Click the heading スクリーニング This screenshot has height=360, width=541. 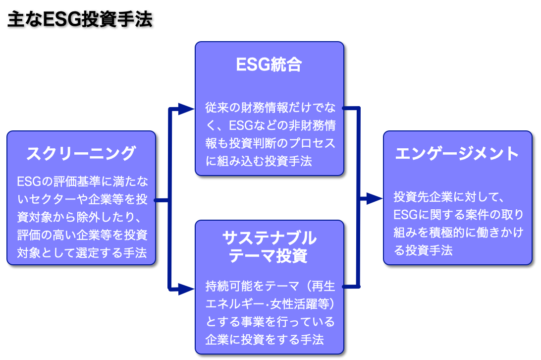click(81, 153)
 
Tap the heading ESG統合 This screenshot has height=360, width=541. click(269, 65)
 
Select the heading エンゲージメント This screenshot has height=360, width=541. click(457, 153)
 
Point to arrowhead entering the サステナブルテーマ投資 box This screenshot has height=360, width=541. click(186, 289)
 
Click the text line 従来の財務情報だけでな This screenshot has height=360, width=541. click(269, 108)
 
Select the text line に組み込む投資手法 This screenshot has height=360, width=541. click(259, 161)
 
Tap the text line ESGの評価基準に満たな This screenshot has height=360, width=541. click(82, 181)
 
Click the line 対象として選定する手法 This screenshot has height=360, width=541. click(82, 253)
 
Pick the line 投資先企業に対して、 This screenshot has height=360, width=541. click(449, 197)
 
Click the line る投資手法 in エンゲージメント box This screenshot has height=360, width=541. click(423, 250)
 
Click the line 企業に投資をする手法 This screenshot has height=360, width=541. click(264, 340)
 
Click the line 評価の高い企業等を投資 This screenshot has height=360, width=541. click(82, 235)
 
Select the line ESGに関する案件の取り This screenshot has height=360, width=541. click(458, 215)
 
